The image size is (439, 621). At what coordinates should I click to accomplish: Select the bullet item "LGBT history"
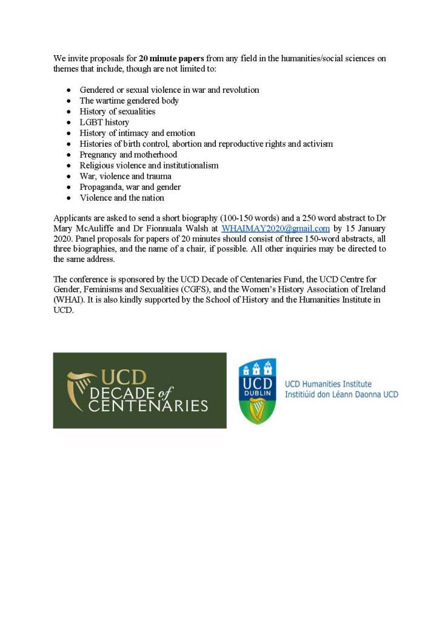coord(104,122)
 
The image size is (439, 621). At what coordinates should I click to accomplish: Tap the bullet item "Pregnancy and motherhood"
coord(129,155)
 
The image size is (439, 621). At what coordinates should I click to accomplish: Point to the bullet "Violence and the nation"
coord(122,198)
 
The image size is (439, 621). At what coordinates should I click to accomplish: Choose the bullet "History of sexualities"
coord(118,112)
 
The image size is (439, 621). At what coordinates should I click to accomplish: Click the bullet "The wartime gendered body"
coord(129,101)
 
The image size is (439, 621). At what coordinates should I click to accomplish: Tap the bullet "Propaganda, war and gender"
coord(130,187)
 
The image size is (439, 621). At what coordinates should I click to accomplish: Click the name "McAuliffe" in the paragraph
coord(94,229)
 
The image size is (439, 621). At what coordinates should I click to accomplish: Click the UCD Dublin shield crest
coord(257,391)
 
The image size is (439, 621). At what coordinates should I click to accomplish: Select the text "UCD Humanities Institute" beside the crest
coord(328,384)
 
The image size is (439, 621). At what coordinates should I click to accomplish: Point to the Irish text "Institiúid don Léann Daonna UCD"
coord(341,394)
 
